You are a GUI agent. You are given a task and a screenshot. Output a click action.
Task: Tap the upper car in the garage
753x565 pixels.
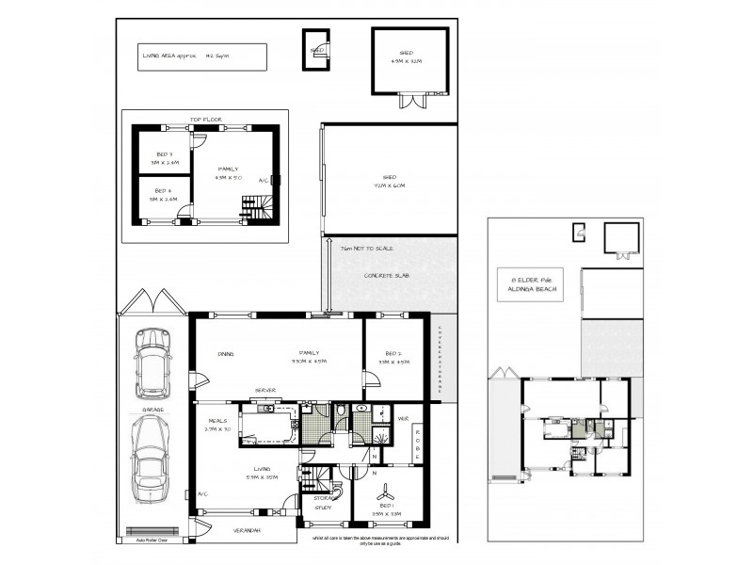152,357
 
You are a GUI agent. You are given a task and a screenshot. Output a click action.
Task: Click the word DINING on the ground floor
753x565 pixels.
225,354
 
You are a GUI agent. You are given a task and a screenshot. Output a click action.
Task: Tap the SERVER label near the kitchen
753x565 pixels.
264,391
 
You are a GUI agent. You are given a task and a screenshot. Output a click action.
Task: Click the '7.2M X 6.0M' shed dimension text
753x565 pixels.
389,186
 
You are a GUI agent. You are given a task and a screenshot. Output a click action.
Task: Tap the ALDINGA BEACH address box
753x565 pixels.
535,284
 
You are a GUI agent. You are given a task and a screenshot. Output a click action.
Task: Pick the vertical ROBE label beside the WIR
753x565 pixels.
419,448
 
